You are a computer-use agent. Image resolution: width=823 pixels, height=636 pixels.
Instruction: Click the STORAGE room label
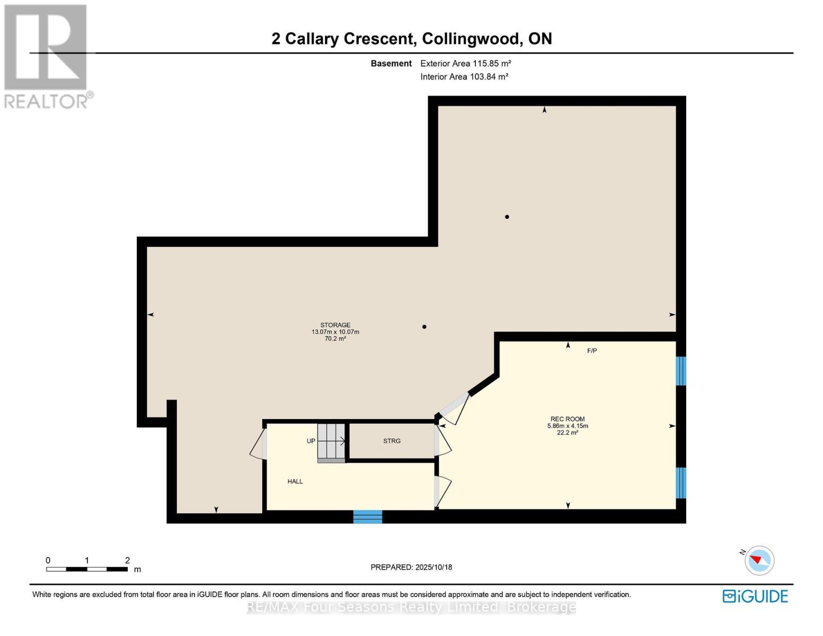pos(335,325)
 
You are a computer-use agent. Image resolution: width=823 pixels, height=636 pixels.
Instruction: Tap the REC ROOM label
pos(567,419)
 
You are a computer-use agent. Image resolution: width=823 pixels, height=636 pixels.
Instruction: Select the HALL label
pos(295,482)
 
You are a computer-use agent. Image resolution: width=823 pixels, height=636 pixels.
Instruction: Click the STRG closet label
pos(392,441)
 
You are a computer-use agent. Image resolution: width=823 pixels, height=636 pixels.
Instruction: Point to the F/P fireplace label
pos(592,351)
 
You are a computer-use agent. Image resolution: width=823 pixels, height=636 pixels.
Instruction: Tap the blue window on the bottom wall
pos(368,516)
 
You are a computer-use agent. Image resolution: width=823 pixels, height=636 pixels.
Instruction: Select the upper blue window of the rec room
pos(681,371)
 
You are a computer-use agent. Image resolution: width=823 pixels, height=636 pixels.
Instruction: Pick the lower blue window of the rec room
pos(681,483)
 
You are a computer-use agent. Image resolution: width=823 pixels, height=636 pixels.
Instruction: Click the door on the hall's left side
pos(259,444)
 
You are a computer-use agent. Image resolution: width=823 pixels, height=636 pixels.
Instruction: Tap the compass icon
pos(759,560)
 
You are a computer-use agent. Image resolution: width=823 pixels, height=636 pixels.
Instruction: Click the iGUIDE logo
pos(755,596)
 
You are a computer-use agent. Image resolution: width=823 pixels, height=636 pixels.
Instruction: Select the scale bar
pos(87,569)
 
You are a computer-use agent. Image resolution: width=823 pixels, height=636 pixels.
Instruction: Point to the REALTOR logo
pos(47,56)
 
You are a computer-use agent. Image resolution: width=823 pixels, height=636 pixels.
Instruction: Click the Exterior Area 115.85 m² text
pos(465,64)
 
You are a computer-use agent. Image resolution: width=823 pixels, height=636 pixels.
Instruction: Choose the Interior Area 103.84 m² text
pos(464,77)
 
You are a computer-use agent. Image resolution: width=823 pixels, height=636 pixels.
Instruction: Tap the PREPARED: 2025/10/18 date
pos(411,567)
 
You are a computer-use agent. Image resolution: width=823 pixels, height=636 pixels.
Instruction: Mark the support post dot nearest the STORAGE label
pos(424,327)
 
